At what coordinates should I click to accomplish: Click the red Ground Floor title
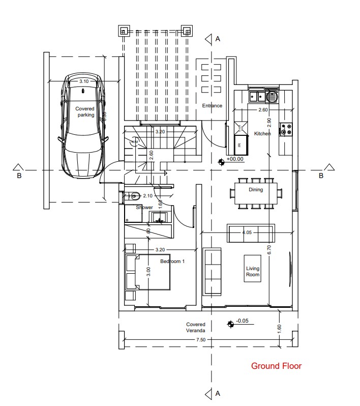click(276, 366)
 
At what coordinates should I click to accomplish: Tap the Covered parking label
click(85, 112)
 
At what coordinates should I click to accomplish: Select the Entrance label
click(212, 106)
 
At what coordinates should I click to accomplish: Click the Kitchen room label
click(262, 134)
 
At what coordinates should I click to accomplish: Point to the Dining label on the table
click(256, 190)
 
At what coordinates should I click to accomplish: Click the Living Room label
click(253, 272)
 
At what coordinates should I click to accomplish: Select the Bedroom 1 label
click(172, 262)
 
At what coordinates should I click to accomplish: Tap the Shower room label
click(144, 208)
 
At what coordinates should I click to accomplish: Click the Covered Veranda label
click(195, 327)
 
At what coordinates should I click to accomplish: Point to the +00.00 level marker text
click(235, 159)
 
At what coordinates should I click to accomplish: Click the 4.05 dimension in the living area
click(247, 232)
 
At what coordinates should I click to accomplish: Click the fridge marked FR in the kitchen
click(239, 144)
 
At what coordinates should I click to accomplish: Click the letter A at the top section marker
click(218, 39)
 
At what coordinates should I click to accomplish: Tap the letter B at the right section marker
click(321, 176)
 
